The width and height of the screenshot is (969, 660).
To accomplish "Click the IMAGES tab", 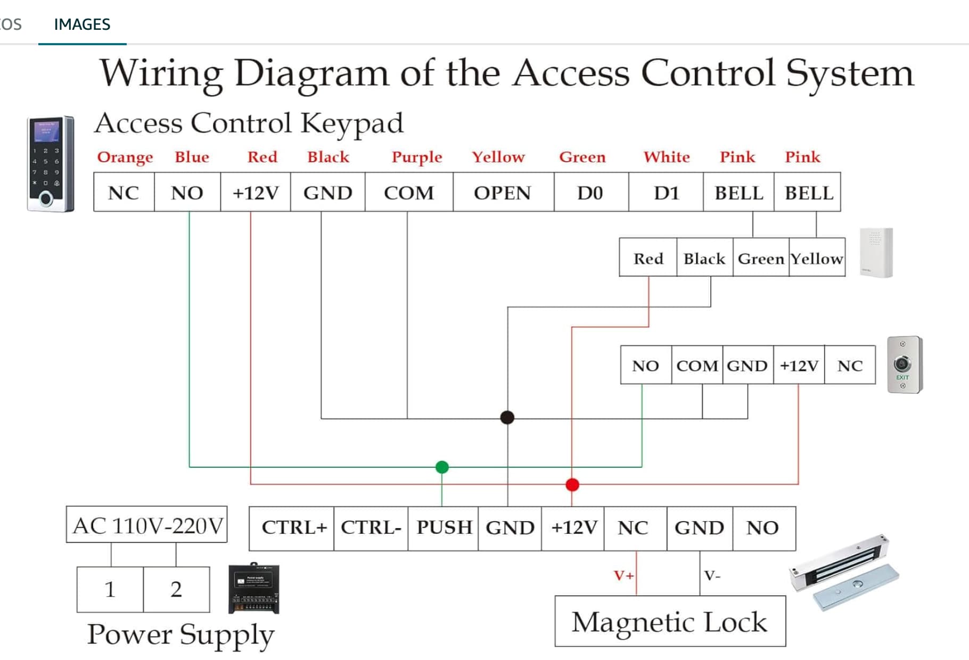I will (x=82, y=24).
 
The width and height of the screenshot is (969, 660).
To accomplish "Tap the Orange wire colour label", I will (x=125, y=157).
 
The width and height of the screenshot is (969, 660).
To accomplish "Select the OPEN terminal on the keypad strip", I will (x=503, y=193).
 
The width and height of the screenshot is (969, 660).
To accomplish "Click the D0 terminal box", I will (x=590, y=193).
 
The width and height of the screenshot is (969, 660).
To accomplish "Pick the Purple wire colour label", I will (x=417, y=157).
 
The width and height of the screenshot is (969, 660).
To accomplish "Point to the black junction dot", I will (x=507, y=417).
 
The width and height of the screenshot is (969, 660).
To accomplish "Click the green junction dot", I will (x=442, y=467).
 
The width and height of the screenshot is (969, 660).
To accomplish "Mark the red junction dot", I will (x=572, y=484).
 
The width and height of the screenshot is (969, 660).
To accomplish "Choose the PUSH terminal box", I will (x=444, y=527).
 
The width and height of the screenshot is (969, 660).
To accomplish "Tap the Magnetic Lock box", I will (x=670, y=621).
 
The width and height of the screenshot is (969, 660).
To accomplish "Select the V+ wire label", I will (x=623, y=575).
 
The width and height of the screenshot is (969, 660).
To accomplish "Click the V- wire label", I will (x=712, y=575).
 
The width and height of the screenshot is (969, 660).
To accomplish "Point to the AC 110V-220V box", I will (x=147, y=525).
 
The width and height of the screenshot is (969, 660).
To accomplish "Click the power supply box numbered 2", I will (x=176, y=589).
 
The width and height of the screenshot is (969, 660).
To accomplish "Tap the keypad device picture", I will (x=50, y=164).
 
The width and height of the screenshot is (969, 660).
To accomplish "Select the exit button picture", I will (x=904, y=365).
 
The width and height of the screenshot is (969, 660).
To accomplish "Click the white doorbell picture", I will (x=876, y=253).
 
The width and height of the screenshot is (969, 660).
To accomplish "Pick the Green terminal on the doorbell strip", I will (x=761, y=258).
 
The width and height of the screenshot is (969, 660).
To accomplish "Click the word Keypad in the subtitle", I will (x=352, y=123).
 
